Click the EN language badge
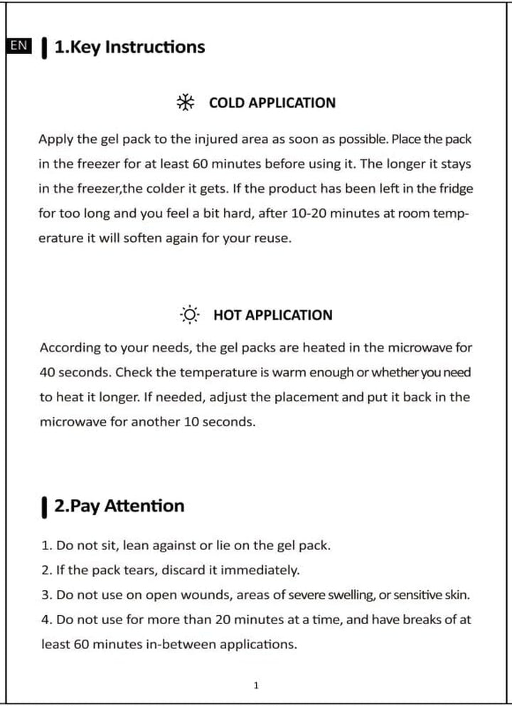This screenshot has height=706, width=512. (x=19, y=46)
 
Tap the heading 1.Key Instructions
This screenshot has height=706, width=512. (x=129, y=47)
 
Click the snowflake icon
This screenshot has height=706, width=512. (x=186, y=102)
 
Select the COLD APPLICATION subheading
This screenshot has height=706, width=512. (x=272, y=102)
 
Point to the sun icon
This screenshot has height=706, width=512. (x=190, y=315)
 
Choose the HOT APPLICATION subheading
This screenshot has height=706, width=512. (x=272, y=315)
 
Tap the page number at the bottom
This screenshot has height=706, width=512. (x=256, y=685)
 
